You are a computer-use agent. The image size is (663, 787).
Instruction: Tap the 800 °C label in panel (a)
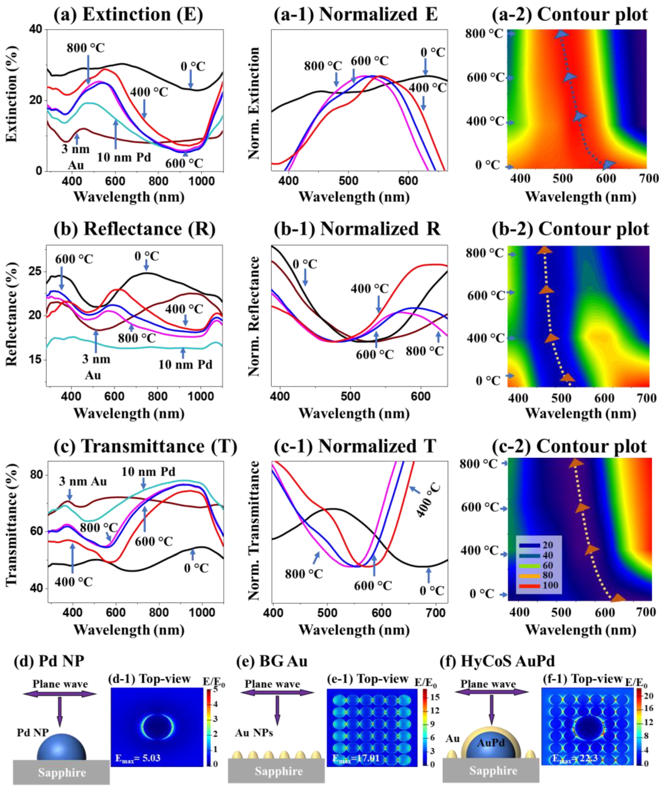[x=86, y=48]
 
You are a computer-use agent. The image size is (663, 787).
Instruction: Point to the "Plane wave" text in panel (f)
[x=488, y=684]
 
